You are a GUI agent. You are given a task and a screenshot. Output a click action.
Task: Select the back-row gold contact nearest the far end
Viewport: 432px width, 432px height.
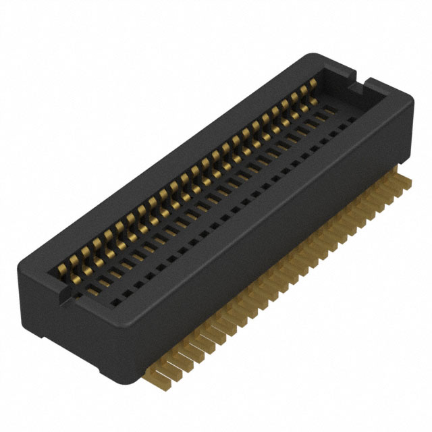pyautogui.click(x=312, y=84)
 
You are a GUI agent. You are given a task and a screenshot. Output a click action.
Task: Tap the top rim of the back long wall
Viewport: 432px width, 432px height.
pyautogui.click(x=169, y=155)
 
